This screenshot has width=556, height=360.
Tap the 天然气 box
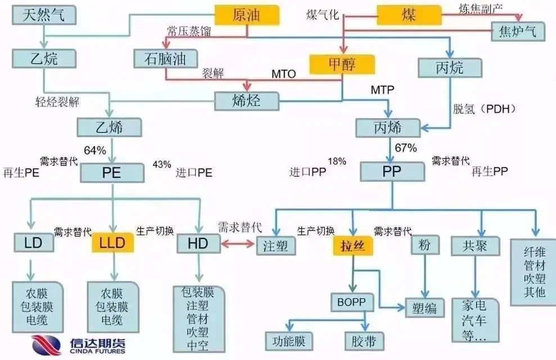[43, 15]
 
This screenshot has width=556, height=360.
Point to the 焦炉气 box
[518, 31]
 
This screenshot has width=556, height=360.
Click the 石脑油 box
[159, 58]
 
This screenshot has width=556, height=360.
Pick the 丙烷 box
[450, 68]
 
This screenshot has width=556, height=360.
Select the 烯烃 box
[247, 101]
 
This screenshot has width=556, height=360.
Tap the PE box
[113, 172]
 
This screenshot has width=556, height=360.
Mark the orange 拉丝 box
[352, 245]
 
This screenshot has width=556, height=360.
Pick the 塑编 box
[424, 308]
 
